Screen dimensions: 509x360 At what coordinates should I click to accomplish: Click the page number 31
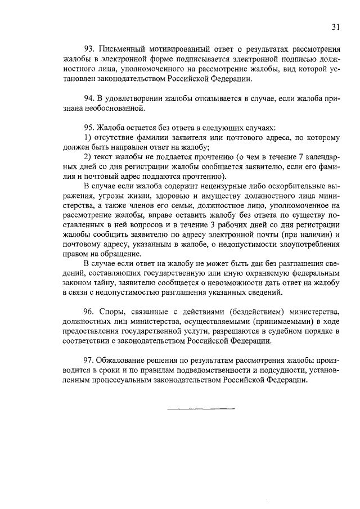click(x=335, y=26)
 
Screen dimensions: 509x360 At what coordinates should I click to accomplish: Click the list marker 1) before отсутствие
click(x=88, y=138)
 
